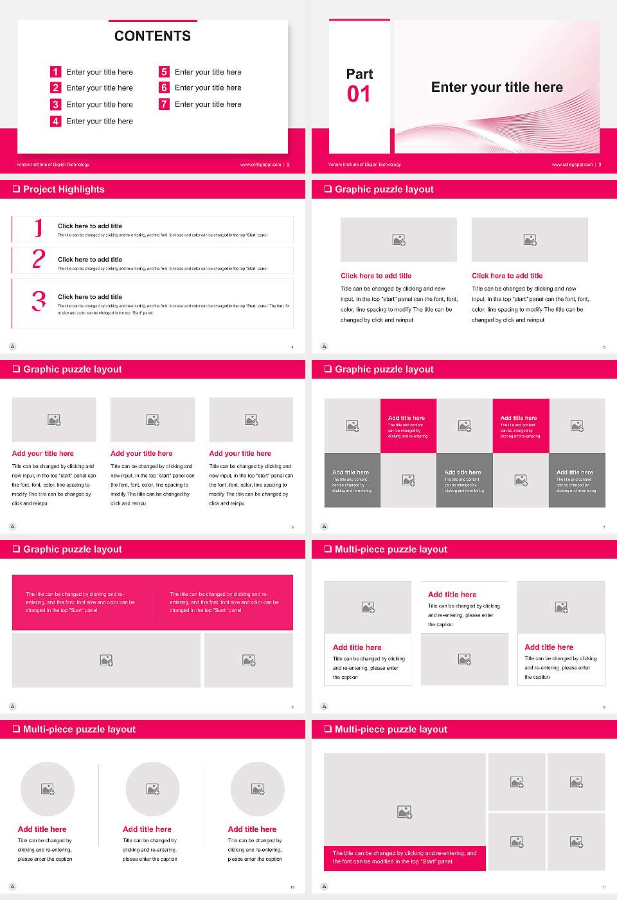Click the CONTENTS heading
pyautogui.click(x=152, y=36)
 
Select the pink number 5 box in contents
pyautogui.click(x=164, y=72)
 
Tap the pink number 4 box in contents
pyautogui.click(x=55, y=121)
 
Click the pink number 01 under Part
pyautogui.click(x=359, y=94)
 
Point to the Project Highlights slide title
pyautogui.click(x=64, y=189)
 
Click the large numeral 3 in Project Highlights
pyautogui.click(x=39, y=301)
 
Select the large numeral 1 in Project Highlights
pyautogui.click(x=39, y=228)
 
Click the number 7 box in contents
pyautogui.click(x=164, y=104)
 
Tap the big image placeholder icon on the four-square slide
pyautogui.click(x=404, y=813)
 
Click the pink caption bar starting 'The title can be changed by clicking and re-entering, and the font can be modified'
pyautogui.click(x=404, y=858)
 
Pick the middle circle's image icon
pyautogui.click(x=152, y=789)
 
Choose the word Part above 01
pyautogui.click(x=359, y=74)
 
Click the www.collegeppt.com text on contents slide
pyautogui.click(x=260, y=165)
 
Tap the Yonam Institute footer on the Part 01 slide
pyautogui.click(x=364, y=165)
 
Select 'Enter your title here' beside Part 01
pyautogui.click(x=497, y=87)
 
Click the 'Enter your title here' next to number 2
pyautogui.click(x=100, y=88)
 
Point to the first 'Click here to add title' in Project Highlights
pyautogui.click(x=90, y=226)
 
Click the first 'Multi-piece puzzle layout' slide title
pyautogui.click(x=391, y=549)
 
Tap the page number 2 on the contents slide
pyautogui.click(x=288, y=165)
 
